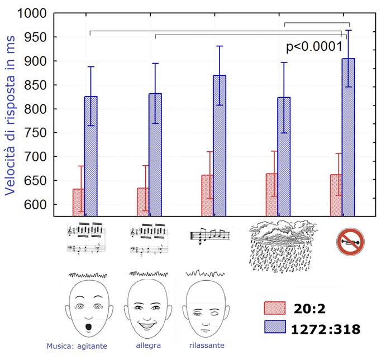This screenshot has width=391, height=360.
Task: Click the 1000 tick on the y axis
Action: point(34,13)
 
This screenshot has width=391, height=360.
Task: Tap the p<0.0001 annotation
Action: point(314,47)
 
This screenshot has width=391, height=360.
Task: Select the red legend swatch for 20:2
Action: point(275,309)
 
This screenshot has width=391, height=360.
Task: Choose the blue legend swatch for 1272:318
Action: point(275,328)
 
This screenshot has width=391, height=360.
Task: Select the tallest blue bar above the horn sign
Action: point(349,137)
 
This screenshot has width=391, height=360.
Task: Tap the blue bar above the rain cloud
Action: point(284,156)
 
